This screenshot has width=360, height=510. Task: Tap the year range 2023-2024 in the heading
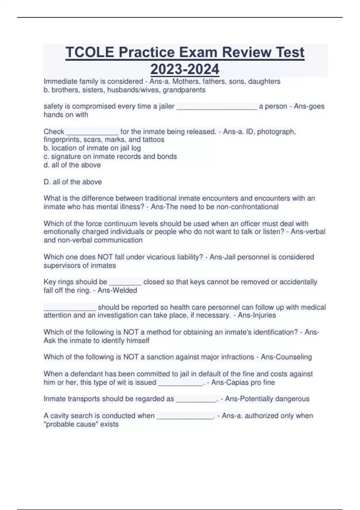185,69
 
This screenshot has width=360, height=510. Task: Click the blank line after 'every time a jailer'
217,107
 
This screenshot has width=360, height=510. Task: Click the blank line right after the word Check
92,132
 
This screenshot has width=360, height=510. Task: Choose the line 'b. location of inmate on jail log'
92,148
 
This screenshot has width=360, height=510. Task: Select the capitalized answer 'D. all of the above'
73,182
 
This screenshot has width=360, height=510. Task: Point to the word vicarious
142,257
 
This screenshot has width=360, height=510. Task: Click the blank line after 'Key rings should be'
125,283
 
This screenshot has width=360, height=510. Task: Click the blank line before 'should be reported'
70,308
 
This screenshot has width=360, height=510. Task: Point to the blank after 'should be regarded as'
196,399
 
